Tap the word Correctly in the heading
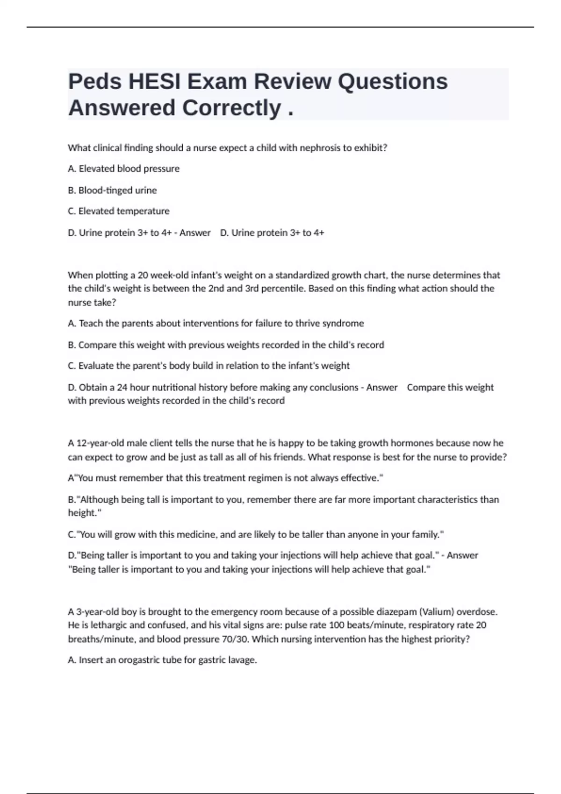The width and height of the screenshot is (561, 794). click(231, 108)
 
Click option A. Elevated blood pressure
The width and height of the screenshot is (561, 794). click(124, 169)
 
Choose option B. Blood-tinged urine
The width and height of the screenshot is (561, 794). click(112, 190)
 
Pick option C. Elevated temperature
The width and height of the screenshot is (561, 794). click(119, 211)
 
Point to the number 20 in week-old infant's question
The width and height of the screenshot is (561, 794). click(143, 275)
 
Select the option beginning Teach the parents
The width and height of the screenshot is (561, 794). click(216, 323)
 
